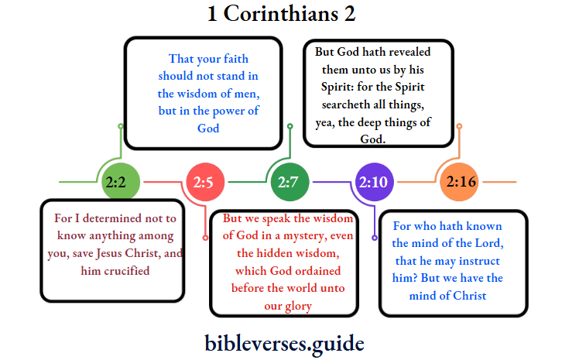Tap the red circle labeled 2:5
tap(205, 183)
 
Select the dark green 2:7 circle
tap(289, 183)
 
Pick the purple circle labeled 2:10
tap(375, 183)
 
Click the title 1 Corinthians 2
tap(281, 13)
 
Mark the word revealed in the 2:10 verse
tap(401, 51)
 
